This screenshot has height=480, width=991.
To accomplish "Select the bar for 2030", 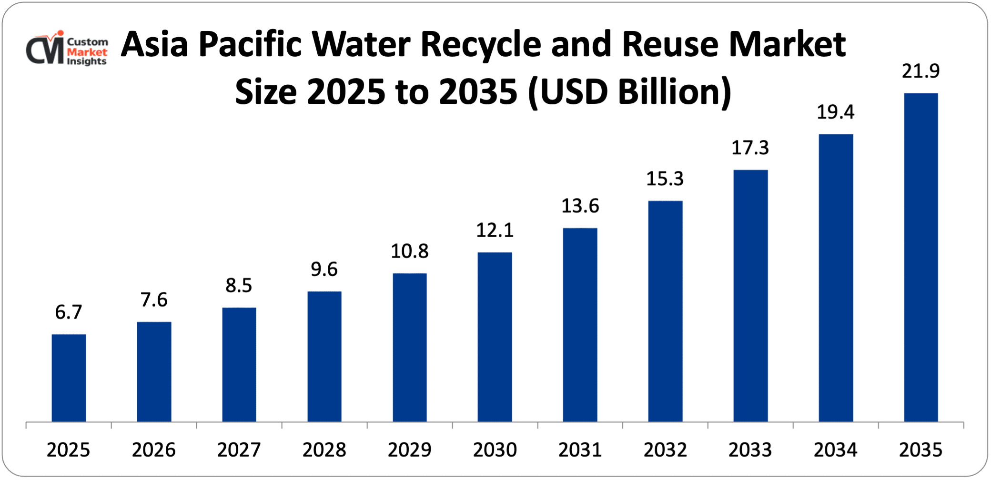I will point(495,337).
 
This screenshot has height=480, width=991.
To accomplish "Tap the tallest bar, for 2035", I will point(920,257).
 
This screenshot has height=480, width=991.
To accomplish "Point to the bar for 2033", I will point(750,295).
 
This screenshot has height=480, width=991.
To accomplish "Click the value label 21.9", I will point(920,71).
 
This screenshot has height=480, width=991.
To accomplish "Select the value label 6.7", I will point(69,312).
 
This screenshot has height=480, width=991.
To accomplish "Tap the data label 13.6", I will point(580,206).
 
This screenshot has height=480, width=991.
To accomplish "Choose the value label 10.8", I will point(409,251).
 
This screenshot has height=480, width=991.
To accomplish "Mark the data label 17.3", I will point(750,148).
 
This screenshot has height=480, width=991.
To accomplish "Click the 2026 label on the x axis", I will point(153,450).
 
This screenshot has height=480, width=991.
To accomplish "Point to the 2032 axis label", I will point(665,450).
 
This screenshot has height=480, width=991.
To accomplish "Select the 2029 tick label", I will point(409,450).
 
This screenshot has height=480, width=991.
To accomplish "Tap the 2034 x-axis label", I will point(835,450).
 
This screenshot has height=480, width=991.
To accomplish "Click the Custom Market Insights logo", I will point(67,49).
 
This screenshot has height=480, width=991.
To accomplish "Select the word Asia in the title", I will point(154,44).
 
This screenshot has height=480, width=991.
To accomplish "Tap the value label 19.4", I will point(835,112).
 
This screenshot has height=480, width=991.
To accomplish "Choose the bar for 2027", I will point(239,364).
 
